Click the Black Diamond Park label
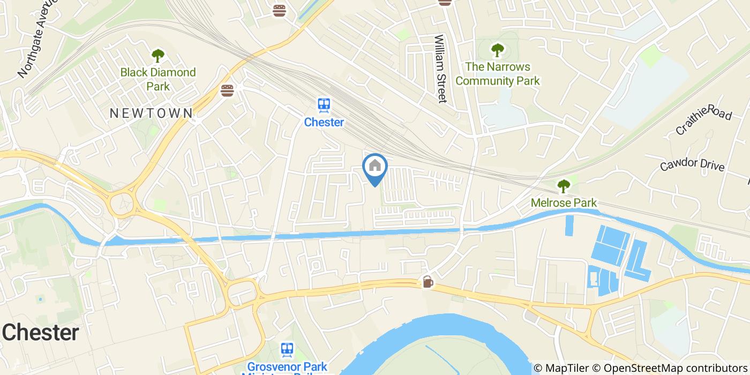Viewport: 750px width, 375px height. pyautogui.click(x=157, y=79)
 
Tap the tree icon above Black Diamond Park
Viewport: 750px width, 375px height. pyautogui.click(x=157, y=55)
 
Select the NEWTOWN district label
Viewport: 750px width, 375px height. pyautogui.click(x=151, y=113)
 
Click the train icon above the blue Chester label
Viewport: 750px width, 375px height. pyautogui.click(x=324, y=105)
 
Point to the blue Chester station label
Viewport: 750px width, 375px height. pyautogui.click(x=324, y=122)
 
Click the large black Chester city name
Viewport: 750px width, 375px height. pyautogui.click(x=41, y=333)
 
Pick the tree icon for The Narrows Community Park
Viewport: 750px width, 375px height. pyautogui.click(x=498, y=50)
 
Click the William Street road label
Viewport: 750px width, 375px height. pyautogui.click(x=440, y=69)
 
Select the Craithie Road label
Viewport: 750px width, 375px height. pyautogui.click(x=703, y=120)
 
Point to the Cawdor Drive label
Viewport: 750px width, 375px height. pyautogui.click(x=692, y=164)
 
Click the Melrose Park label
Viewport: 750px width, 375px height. pyautogui.click(x=564, y=203)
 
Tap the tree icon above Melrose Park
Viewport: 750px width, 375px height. pyautogui.click(x=564, y=186)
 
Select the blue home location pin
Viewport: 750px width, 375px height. pyautogui.click(x=375, y=168)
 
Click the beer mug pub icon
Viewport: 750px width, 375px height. pyautogui.click(x=427, y=281)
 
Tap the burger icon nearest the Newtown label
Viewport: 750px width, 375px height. pyautogui.click(x=227, y=90)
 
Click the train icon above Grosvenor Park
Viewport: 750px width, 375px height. pyautogui.click(x=287, y=350)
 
